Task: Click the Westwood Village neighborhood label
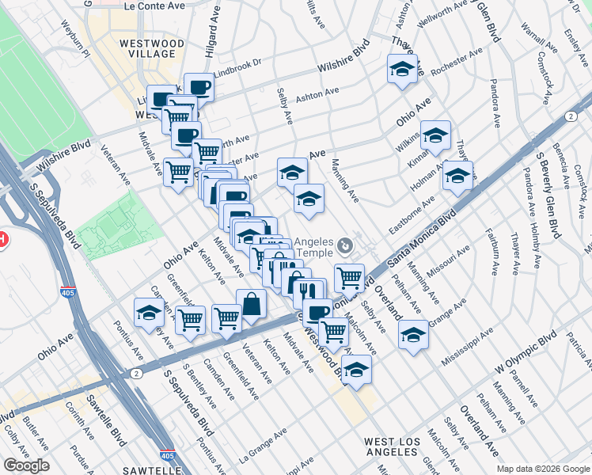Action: click(152, 47)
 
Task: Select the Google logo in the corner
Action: click(26, 465)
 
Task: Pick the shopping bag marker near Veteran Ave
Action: click(251, 305)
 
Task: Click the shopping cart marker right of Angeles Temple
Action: click(349, 278)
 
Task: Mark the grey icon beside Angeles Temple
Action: click(343, 243)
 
